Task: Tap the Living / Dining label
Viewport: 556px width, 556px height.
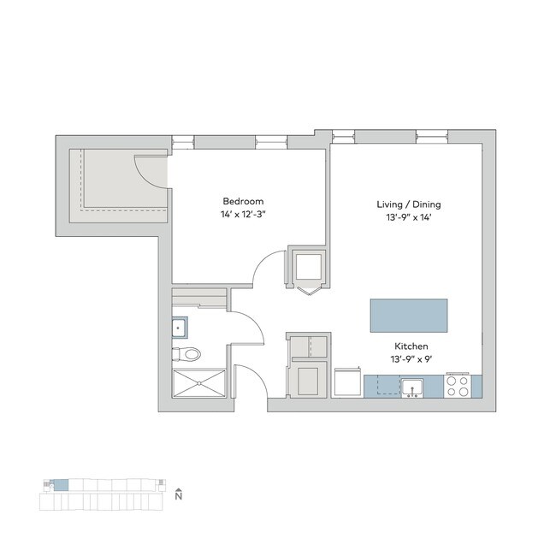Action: (x=408, y=204)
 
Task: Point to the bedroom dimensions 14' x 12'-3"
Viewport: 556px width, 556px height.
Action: (x=243, y=215)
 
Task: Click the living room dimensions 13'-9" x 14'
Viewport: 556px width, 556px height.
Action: (x=408, y=219)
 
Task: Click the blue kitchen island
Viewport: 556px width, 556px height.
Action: (x=408, y=316)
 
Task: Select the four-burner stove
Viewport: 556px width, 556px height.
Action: (x=458, y=387)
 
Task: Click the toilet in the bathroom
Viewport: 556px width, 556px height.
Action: (x=189, y=352)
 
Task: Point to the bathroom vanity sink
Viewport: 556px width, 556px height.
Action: (x=180, y=327)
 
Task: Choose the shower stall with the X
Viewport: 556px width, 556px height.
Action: (x=198, y=384)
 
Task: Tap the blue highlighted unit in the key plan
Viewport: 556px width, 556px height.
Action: (x=61, y=486)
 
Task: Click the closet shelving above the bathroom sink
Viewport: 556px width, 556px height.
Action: (x=200, y=298)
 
